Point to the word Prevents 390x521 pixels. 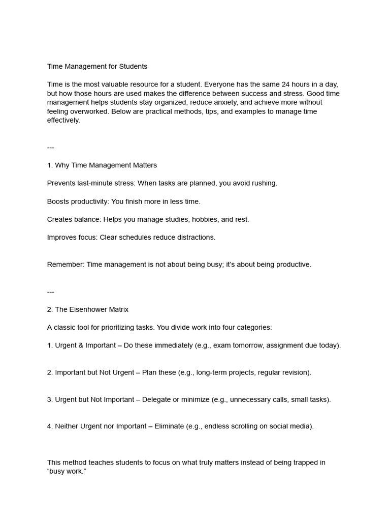point(62,183)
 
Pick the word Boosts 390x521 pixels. point(58,201)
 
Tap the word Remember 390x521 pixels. point(65,265)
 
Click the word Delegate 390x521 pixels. point(156,399)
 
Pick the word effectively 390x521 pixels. point(63,121)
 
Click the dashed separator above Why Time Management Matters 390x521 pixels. point(50,148)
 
